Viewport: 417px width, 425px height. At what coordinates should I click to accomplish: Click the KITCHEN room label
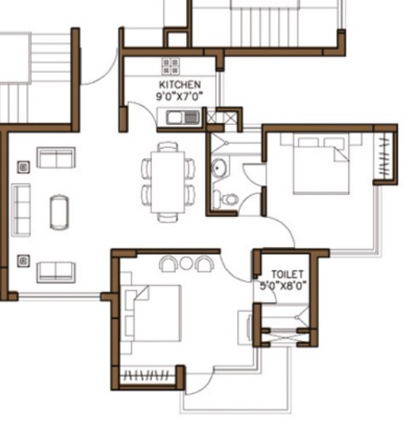pos(180,85)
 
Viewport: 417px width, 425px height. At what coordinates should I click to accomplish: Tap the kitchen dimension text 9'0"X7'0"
pos(180,97)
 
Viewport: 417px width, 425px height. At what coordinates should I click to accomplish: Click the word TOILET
pos(287,275)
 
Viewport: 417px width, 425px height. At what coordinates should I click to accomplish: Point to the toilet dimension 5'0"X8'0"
pos(283,286)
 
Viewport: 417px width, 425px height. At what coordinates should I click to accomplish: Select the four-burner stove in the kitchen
pos(170,66)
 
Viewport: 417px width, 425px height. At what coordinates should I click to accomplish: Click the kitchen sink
pos(183,118)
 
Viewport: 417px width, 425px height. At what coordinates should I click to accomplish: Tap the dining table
pos(168,182)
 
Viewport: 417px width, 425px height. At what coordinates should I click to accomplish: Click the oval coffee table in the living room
pos(59,212)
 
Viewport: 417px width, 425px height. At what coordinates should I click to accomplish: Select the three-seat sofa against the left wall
pos(21,210)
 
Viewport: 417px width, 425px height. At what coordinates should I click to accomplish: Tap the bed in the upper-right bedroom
pos(321,164)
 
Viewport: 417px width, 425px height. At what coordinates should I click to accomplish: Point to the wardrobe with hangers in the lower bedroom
pos(148,376)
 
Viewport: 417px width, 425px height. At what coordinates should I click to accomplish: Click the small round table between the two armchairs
pos(186,263)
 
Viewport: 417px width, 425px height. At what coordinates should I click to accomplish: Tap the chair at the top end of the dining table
pos(168,146)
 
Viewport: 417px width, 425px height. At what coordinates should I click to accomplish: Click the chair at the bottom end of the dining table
pos(168,218)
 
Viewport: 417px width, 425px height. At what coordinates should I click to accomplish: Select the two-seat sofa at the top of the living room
pos(56,157)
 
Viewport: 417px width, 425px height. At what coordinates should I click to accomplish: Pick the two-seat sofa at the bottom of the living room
pos(56,272)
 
